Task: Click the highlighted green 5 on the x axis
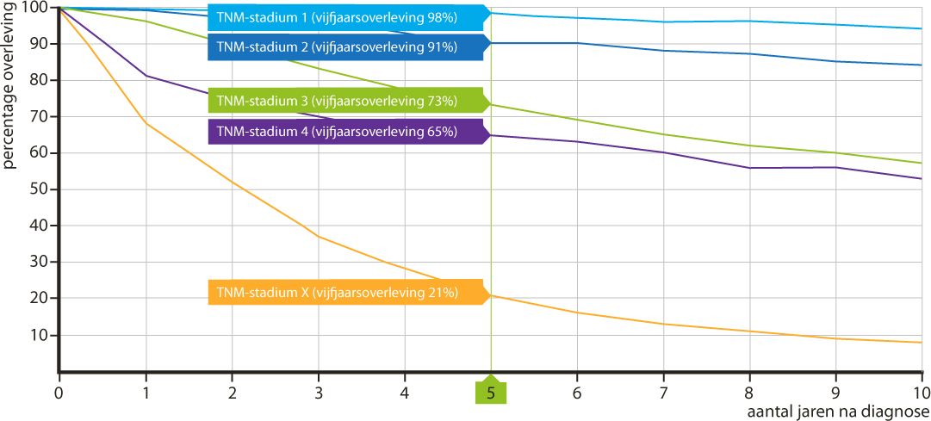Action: (x=491, y=393)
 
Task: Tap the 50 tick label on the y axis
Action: (x=38, y=189)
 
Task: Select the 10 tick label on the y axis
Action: (x=38, y=335)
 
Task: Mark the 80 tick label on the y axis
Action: (x=38, y=80)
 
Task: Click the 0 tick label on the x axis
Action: (x=59, y=393)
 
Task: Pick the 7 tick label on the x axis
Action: (x=663, y=393)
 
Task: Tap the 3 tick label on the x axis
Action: (x=318, y=393)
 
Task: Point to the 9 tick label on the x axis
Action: (x=835, y=393)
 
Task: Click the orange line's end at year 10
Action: (x=922, y=343)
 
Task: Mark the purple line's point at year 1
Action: (x=146, y=76)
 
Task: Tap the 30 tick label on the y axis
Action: (x=38, y=263)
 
